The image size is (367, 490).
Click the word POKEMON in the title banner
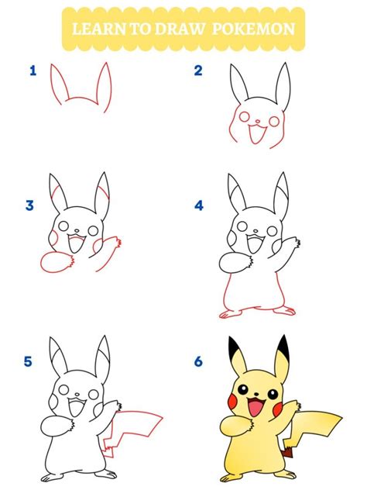pos(253,29)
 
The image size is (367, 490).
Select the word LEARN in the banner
pos(99,29)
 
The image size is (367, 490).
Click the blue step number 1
pos(33,71)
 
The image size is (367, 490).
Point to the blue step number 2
pos(198,71)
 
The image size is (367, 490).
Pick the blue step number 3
pos(29,205)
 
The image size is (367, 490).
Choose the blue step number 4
pos(199,205)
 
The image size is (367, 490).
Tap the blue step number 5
pos(28,361)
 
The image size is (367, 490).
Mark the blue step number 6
pos(198,361)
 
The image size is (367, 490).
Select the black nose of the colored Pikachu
pos(256,394)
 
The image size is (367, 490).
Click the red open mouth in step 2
pos(256,133)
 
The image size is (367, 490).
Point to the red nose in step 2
pos(258,121)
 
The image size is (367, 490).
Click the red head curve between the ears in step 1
pos(81,100)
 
